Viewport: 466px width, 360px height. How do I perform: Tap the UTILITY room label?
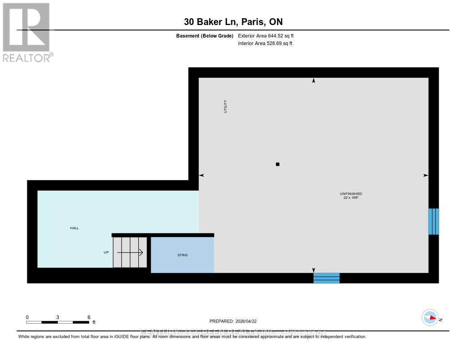[225, 106]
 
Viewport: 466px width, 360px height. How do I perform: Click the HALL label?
[74, 228]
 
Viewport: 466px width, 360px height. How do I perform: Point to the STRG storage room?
[182, 255]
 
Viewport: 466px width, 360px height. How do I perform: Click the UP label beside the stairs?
[106, 252]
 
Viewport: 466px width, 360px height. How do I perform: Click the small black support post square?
[278, 164]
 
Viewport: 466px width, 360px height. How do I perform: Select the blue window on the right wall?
[434, 222]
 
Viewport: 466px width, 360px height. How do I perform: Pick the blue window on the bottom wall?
[326, 278]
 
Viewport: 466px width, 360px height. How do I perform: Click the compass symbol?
[430, 318]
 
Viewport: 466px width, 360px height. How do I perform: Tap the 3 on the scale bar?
[58, 317]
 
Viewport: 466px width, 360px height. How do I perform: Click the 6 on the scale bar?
[89, 317]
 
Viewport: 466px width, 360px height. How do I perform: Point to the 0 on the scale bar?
[27, 317]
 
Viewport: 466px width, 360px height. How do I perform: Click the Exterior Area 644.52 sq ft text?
[269, 35]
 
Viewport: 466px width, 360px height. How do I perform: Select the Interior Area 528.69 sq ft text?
[265, 44]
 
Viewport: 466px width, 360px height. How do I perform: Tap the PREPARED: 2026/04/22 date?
[236, 321]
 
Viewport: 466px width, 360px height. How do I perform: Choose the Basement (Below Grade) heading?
[205, 35]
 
